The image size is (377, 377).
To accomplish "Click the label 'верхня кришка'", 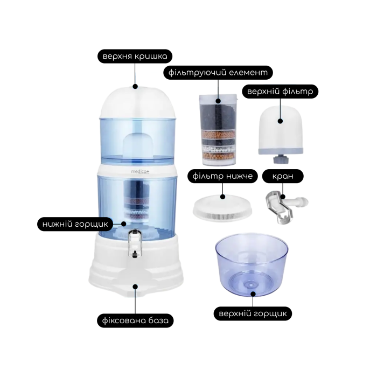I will pos(135,57).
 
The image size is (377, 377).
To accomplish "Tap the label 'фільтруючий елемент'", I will pos(218,72).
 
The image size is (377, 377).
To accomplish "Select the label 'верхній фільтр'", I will pos(280,92).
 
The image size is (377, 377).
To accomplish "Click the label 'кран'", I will pos(283,176).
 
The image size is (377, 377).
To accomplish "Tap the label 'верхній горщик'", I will pos(253,313).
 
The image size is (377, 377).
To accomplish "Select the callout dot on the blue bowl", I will pos(253,294).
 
